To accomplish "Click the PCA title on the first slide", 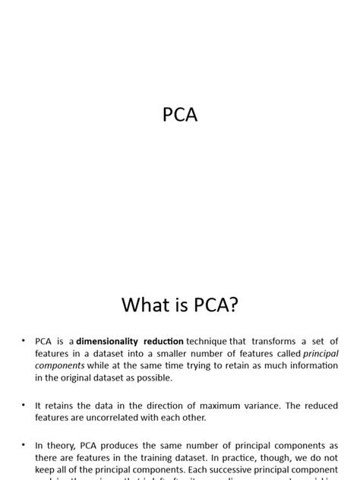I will coord(179,116).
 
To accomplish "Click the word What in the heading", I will coord(145,305).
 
